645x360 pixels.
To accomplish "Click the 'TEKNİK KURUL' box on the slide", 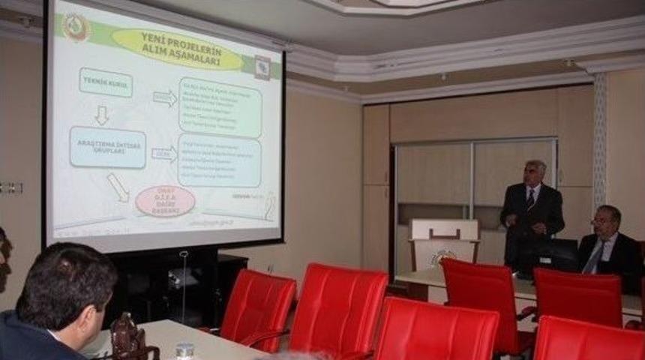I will (105, 82).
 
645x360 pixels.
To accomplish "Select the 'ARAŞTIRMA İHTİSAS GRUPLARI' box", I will (107, 147).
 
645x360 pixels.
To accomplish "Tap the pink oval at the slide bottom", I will (165, 201).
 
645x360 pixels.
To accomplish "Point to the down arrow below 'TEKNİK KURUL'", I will (101, 115).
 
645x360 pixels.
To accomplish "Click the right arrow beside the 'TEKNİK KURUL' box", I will (164, 98).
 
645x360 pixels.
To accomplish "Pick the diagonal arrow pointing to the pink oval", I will (118, 187).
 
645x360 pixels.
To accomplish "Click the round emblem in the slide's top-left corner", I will (75, 28).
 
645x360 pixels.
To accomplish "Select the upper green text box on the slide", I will (220, 107).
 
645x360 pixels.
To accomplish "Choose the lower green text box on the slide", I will (220, 160).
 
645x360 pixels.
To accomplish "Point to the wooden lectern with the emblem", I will (444, 244).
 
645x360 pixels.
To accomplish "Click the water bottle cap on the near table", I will (184, 347).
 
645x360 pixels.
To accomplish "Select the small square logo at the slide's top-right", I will (262, 67).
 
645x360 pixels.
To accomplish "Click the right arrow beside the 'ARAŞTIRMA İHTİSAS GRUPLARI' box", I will (163, 154).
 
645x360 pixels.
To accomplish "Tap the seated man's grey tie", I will (594, 257).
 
